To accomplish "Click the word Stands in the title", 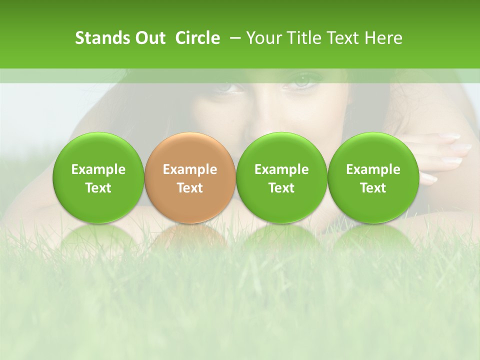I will [101, 38].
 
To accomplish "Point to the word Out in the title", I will [149, 38].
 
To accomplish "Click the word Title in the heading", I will [305, 38].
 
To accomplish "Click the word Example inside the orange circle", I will [190, 169].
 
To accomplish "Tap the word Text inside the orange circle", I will [190, 188].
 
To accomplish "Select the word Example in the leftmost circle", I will [98, 169].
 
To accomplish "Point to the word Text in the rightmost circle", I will [373, 188].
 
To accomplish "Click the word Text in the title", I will [344, 38].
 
